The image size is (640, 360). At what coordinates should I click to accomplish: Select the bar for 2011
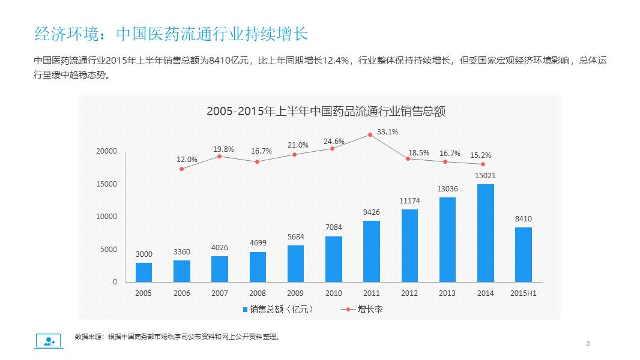point(372,251)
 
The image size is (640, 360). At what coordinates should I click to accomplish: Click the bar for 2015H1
point(524,254)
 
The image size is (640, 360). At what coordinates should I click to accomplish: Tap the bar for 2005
point(143,272)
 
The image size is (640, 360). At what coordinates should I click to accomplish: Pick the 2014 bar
point(486,233)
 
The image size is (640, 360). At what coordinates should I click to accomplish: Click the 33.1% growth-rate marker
point(370,135)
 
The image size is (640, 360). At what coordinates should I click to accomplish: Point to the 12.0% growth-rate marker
point(182,169)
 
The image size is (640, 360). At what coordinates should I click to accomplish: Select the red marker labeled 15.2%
point(483,164)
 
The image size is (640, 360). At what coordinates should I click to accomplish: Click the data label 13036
point(447,189)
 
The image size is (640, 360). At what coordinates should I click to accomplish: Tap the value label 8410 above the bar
point(524,219)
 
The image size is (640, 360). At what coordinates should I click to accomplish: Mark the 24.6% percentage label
point(334,142)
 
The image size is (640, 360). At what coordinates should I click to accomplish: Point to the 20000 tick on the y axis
point(107,151)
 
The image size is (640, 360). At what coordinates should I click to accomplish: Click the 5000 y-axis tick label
point(109,250)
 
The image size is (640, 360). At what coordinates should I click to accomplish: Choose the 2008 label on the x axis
point(258,293)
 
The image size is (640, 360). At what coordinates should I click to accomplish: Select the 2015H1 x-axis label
point(524,293)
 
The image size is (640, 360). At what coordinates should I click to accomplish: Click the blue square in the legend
point(245,310)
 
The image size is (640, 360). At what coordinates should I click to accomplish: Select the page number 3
point(588,343)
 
